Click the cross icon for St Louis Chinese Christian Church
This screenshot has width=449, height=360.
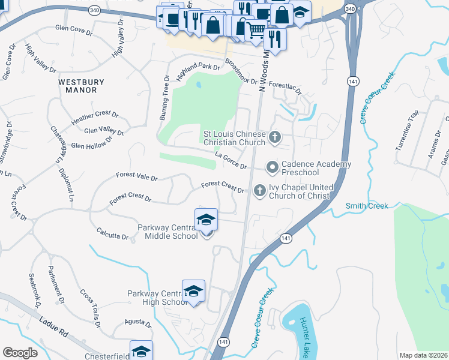(x=275, y=137)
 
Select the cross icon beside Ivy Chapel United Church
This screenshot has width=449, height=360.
(x=259, y=190)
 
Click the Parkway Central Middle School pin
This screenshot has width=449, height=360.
(x=206, y=221)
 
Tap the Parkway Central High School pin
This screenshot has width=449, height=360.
(x=193, y=292)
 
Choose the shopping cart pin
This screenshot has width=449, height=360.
(x=256, y=29)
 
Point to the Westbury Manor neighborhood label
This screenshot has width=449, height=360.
(x=81, y=86)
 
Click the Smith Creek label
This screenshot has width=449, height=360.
(x=367, y=206)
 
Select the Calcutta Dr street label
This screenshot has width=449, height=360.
(x=112, y=233)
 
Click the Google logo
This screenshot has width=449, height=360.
(x=20, y=353)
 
